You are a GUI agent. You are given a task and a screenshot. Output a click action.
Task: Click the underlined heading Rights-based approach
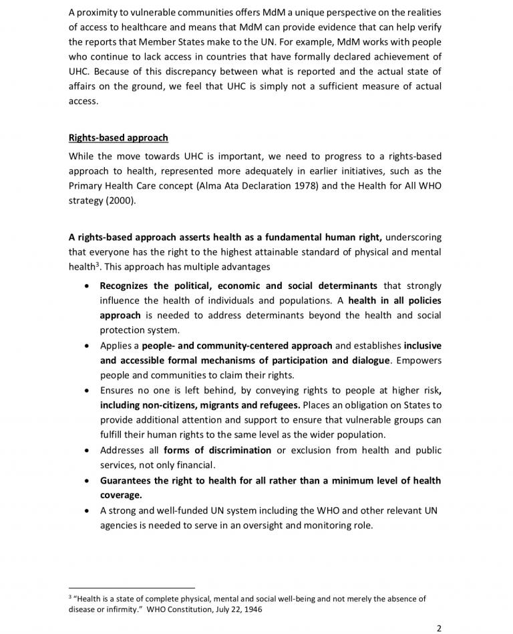click(118, 138)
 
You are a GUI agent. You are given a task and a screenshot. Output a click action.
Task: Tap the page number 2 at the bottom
click(439, 628)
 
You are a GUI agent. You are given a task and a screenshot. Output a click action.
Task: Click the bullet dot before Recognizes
click(90, 286)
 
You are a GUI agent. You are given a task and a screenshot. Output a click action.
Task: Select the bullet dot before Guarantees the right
click(90, 481)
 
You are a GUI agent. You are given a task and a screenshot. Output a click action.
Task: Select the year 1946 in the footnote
click(250, 609)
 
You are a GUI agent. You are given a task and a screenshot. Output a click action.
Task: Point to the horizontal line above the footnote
click(132, 587)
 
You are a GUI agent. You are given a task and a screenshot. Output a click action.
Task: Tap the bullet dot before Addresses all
click(90, 451)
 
